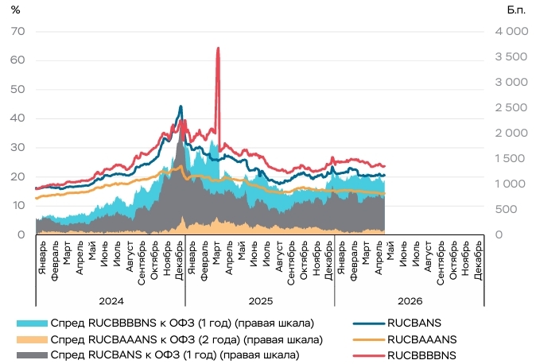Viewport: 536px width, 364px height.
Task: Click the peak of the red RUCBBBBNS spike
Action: point(218,48)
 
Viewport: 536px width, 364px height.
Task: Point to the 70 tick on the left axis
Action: point(17,32)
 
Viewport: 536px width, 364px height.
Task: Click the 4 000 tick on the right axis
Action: point(511,32)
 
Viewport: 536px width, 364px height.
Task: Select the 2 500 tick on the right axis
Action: point(511,107)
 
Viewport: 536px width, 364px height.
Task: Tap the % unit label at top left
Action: point(15,10)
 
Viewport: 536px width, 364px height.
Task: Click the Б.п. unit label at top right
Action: point(516,10)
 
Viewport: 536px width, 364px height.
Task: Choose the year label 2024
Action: point(111,301)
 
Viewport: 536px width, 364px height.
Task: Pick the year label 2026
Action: point(410,301)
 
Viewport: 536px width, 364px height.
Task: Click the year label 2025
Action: point(261,301)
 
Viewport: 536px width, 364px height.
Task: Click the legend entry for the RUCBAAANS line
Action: point(405,339)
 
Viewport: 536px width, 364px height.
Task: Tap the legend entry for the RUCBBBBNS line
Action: point(405,355)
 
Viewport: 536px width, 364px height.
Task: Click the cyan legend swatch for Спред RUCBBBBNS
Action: point(32,323)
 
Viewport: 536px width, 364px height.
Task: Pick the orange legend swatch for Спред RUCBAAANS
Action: point(32,339)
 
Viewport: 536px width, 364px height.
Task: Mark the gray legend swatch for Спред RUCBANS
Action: point(32,355)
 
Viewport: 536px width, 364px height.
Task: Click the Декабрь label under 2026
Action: point(478,261)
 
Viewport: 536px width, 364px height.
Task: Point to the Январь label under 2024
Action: point(42,258)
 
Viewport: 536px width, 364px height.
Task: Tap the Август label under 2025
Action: point(278,257)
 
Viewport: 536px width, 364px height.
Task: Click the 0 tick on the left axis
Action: point(21,234)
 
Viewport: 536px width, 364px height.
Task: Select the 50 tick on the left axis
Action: point(17,89)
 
